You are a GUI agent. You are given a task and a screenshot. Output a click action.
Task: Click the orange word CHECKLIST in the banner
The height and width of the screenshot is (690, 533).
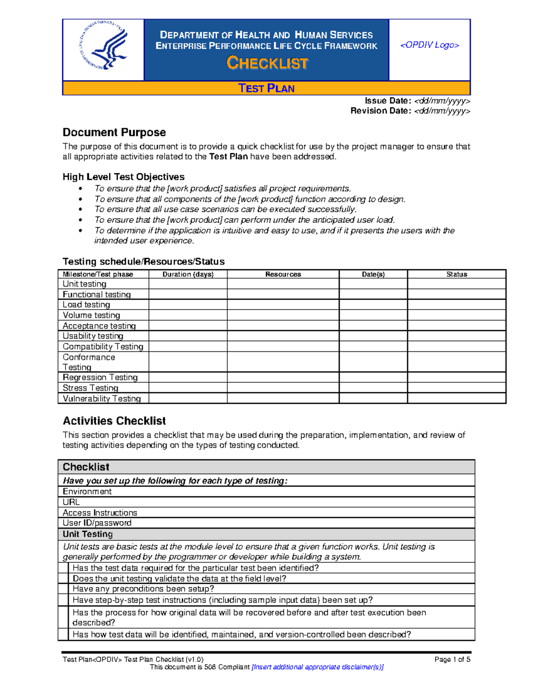pos(267,63)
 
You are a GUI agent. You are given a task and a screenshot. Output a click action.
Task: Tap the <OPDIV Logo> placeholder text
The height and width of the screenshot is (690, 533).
pos(430,45)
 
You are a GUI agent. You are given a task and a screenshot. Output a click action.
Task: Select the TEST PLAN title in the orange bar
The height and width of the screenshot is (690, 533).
pos(266,88)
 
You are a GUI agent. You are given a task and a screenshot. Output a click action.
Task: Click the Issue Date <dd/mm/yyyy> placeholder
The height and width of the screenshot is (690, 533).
pos(442,101)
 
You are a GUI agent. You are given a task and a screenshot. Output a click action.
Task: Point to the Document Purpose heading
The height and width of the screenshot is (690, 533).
pos(114,132)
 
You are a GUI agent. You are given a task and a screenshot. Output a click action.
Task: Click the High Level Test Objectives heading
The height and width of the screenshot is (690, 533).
pos(123,177)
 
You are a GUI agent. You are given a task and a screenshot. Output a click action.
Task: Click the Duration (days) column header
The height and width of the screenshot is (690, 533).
pos(188,274)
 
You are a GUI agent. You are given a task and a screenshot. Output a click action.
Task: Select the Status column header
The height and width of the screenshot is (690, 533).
pos(456,274)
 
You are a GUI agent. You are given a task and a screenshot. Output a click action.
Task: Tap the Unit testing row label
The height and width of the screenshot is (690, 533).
pos(84,284)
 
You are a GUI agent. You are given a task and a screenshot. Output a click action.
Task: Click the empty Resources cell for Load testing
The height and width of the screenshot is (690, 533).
pos(283,305)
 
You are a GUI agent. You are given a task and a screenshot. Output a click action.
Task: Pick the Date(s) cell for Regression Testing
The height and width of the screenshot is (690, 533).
pos(373,377)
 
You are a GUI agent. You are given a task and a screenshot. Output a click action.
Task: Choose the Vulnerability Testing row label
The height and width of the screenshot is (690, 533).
pos(102,399)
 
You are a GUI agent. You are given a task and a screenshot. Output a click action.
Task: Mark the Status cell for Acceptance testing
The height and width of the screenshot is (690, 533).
pos(456,326)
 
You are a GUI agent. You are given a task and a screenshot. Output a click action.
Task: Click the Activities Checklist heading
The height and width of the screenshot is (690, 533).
pos(114,421)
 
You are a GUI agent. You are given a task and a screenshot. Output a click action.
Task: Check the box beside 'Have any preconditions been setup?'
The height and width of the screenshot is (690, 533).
pos(64,589)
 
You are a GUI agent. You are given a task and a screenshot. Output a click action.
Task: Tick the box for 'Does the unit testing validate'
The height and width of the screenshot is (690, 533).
pos(64,578)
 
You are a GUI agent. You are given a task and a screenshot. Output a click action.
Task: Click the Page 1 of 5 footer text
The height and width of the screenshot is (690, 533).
pos(452,659)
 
